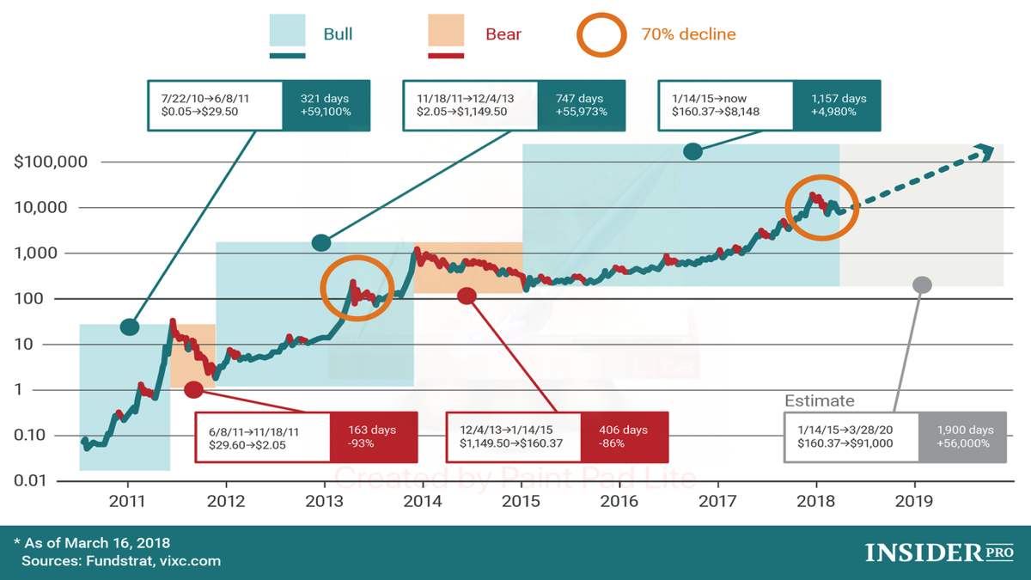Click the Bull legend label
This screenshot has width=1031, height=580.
coord(338,34)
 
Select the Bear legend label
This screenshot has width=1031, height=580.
coord(503,34)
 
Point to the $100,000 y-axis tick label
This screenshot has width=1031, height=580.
coord(51,162)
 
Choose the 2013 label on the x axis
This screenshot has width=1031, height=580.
coord(325,501)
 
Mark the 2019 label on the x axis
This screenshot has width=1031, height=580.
coord(914,501)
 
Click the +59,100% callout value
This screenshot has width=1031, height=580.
coord(326,113)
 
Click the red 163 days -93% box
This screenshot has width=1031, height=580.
coord(373,437)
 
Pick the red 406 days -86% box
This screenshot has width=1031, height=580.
coord(625,437)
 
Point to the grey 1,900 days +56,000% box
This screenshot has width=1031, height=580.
coord(961,437)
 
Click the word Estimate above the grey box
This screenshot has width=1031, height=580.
coord(820,400)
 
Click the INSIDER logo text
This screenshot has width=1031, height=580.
coord(917,552)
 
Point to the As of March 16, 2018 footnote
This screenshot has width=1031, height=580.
coord(95,543)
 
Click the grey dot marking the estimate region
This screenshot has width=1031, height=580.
coord(922,284)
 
